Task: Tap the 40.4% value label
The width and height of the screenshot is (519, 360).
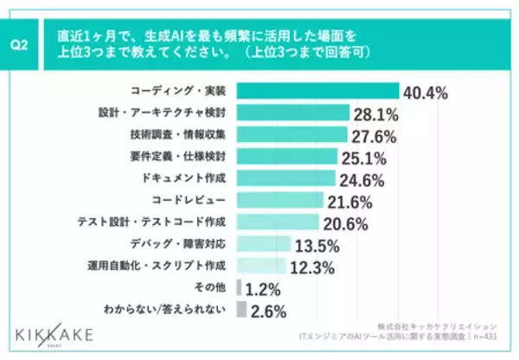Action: pos(428,92)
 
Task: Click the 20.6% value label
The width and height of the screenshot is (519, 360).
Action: pos(346,223)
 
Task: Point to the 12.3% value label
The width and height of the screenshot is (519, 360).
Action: pos(311,267)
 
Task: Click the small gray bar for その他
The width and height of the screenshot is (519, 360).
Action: pos(239,287)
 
